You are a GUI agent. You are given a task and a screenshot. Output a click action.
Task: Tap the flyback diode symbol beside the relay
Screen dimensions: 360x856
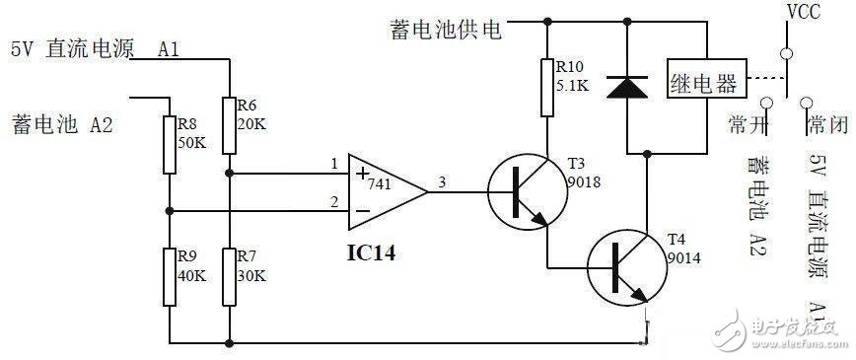[627, 87]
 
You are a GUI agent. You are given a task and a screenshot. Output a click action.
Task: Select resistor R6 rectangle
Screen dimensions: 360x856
[228, 125]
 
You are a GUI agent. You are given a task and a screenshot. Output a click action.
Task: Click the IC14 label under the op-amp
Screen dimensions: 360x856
[373, 252]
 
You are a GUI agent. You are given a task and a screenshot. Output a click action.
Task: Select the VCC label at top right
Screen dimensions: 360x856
[801, 13]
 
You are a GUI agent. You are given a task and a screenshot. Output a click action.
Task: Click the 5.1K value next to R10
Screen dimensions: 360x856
[573, 85]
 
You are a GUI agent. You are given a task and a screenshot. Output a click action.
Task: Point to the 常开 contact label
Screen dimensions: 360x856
[748, 124]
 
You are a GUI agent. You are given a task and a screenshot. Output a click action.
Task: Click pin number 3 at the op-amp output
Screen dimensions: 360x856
[441, 181]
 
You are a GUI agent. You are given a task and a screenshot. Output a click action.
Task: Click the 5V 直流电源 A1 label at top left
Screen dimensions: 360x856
[95, 49]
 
